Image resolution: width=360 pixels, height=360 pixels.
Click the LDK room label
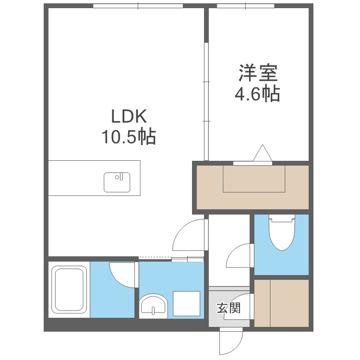(x=128, y=117)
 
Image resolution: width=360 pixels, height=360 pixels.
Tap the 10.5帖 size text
(x=128, y=138)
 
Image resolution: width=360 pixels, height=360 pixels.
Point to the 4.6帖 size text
(x=257, y=94)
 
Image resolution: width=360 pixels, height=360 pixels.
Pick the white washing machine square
(x=186, y=304)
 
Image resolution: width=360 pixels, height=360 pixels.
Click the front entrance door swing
(x=229, y=342)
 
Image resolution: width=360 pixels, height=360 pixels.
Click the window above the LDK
(x=138, y=6)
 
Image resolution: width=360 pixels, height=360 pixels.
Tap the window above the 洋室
(x=246, y=6)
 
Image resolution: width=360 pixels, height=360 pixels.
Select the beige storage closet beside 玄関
(x=281, y=303)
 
